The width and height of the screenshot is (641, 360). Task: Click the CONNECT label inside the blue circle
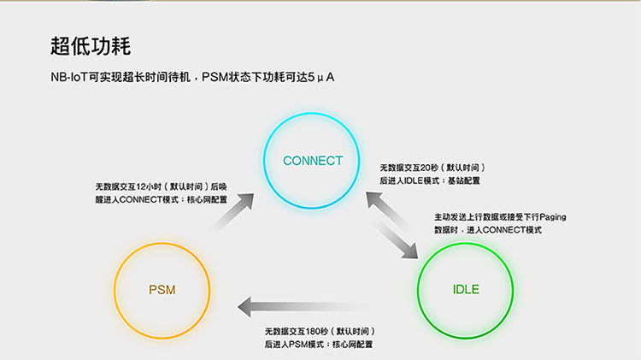[313, 161]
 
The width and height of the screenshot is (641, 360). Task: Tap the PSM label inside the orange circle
[162, 290]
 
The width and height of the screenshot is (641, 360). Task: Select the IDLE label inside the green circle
[466, 289]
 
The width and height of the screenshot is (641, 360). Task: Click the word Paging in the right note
[551, 217]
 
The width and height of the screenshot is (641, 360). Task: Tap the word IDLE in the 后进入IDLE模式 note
[413, 181]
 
